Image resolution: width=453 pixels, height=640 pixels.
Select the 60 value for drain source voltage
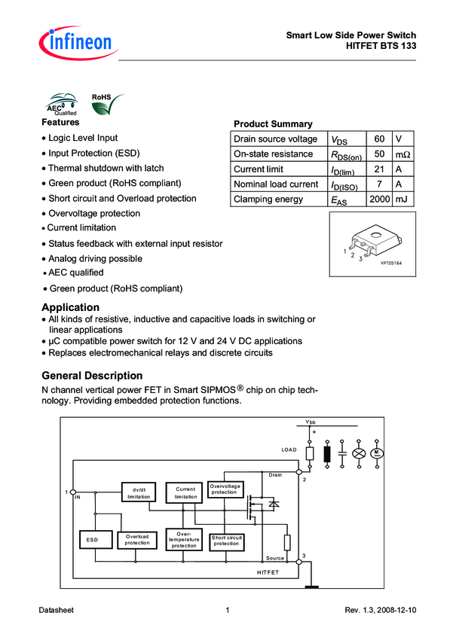click(x=379, y=139)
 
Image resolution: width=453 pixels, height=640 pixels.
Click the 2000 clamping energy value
click(x=379, y=200)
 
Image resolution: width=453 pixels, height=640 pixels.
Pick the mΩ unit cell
click(x=403, y=154)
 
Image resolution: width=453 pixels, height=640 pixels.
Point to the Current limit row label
click(x=259, y=169)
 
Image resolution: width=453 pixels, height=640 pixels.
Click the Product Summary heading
click(x=273, y=124)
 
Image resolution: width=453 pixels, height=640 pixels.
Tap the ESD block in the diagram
click(x=93, y=540)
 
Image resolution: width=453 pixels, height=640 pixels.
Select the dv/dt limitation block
click(x=139, y=492)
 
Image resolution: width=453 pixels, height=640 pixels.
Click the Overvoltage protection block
click(x=225, y=489)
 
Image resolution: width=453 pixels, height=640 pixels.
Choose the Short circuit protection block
click(x=226, y=540)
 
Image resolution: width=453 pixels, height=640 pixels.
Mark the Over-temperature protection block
click(x=185, y=539)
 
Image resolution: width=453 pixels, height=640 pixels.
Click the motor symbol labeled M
click(x=376, y=453)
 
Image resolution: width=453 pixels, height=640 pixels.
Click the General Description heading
click(x=92, y=375)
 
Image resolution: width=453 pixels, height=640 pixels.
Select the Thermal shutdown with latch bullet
click(x=106, y=169)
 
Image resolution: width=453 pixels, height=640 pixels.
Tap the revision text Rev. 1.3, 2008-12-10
click(x=380, y=610)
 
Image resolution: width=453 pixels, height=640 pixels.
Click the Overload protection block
click(x=137, y=540)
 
